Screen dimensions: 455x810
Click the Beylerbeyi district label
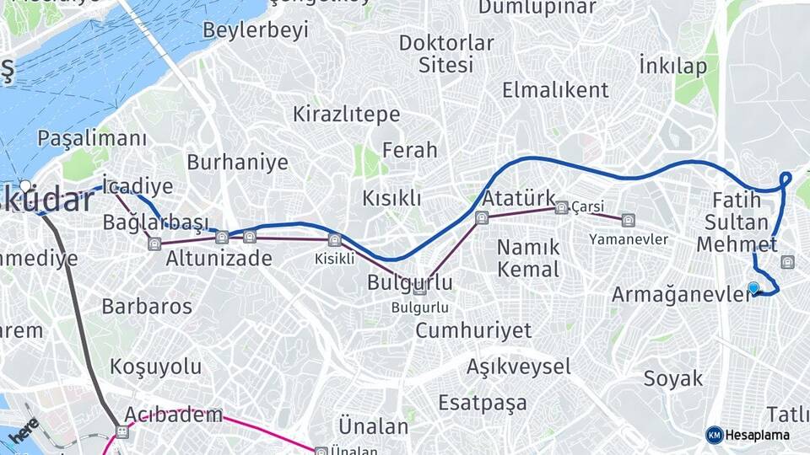click(256, 30)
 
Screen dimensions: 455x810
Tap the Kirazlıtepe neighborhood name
click(346, 114)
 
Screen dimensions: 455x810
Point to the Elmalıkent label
click(555, 90)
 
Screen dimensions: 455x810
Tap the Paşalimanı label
click(93, 138)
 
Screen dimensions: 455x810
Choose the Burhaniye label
click(237, 162)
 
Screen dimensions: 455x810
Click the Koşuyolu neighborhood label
click(156, 367)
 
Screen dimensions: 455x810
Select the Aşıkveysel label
click(519, 367)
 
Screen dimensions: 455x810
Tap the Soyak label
click(673, 378)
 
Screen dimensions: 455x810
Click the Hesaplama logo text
click(757, 435)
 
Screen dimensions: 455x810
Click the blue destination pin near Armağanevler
click(753, 287)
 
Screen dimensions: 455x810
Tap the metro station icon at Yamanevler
click(628, 221)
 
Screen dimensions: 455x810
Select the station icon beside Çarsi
click(561, 206)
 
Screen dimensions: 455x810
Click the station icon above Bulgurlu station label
click(419, 291)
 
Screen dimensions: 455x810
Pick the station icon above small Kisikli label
click(334, 240)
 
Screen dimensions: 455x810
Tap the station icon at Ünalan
click(321, 452)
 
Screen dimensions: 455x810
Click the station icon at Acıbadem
click(123, 432)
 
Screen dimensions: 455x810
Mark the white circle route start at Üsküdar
click(26, 185)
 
